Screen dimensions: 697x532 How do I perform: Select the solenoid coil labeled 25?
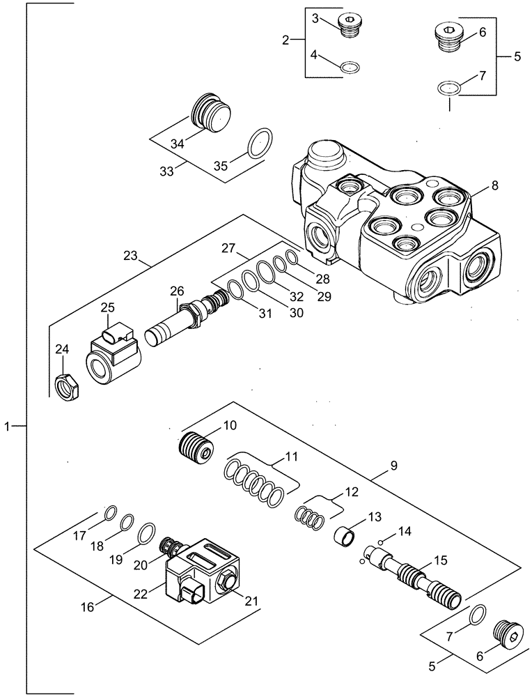[113, 354]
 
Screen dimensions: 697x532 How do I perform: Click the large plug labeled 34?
[210, 112]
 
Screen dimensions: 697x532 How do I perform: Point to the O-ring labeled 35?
[260, 143]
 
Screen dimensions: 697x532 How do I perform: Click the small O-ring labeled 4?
[350, 68]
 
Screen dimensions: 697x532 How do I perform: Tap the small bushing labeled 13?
[342, 539]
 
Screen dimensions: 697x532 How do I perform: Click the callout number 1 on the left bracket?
[8, 425]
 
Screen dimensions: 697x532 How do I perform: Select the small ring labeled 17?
[110, 514]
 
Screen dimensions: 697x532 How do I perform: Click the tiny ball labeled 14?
[381, 542]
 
